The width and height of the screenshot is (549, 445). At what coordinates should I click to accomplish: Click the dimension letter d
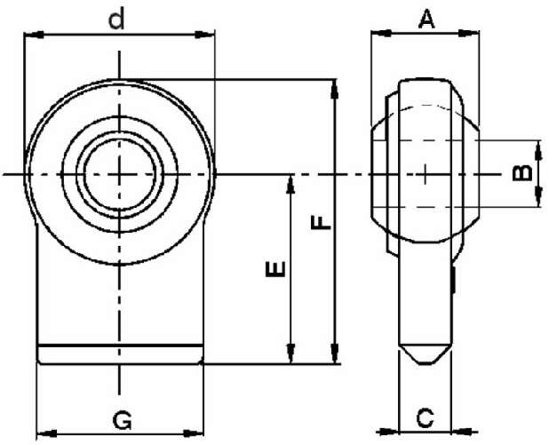116,19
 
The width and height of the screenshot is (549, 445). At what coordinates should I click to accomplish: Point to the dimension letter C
426,416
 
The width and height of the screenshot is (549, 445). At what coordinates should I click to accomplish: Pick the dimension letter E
276,269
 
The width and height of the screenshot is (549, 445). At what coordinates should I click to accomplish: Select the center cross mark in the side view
426,174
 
